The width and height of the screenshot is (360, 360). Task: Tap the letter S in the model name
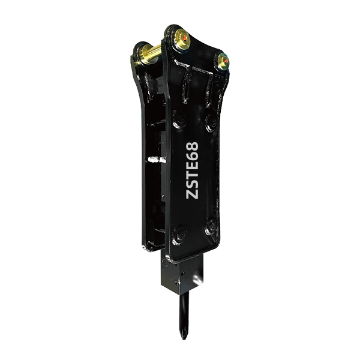(193, 182)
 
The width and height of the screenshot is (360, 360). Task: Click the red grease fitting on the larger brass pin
(185, 38)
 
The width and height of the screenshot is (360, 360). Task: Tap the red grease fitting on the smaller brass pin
(226, 61)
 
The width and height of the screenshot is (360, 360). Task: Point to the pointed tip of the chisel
(183, 337)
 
